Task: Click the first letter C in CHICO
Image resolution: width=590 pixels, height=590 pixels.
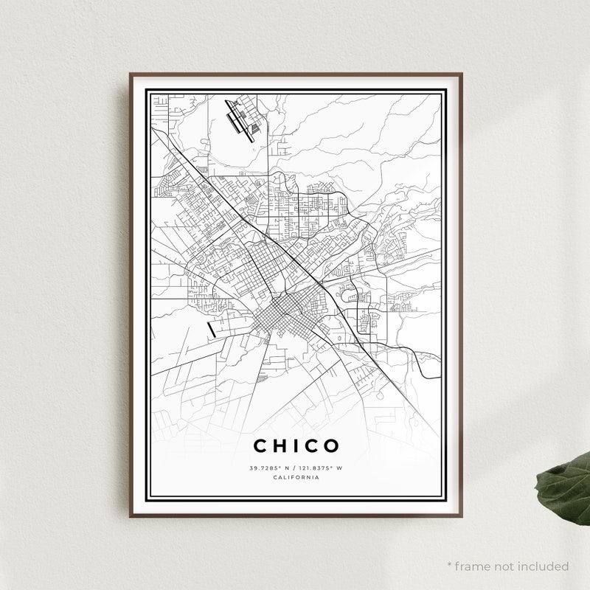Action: point(261,445)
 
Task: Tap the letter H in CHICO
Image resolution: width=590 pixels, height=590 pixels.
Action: point(281,445)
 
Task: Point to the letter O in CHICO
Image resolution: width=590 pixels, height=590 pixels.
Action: point(331,445)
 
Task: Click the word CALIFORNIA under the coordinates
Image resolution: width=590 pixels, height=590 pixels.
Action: point(296,478)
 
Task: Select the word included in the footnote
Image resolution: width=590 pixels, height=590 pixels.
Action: point(542,566)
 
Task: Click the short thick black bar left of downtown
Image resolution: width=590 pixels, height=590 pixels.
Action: point(212,329)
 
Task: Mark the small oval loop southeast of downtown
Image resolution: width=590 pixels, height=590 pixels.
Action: point(339,339)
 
